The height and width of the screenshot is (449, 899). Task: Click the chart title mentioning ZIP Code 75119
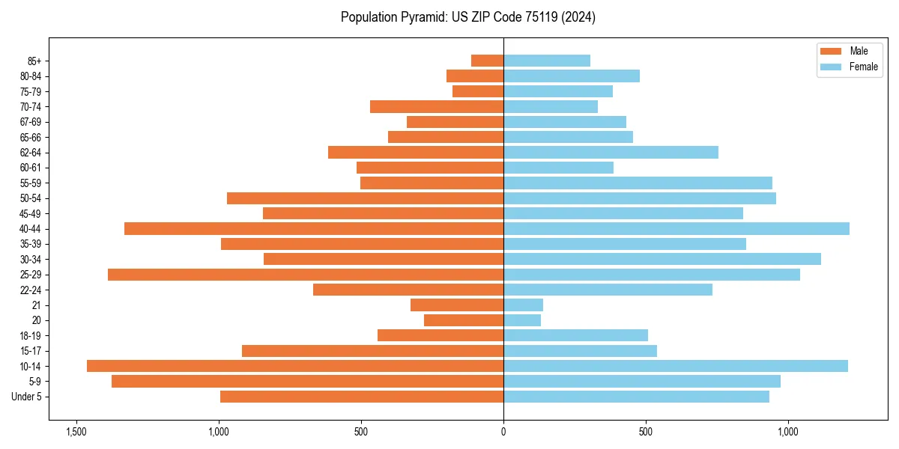point(467,17)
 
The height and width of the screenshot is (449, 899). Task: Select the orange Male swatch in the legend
point(831,51)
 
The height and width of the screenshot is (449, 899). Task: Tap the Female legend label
point(864,67)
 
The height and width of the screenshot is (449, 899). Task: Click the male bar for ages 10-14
point(295,366)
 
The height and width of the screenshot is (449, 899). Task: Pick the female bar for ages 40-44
point(676,229)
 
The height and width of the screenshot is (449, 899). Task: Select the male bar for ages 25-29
point(306,275)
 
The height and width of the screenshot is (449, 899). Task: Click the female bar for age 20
point(522,320)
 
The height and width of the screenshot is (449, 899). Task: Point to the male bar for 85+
point(487,61)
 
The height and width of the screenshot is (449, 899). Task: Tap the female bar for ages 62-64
point(611,153)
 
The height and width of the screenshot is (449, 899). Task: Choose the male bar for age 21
point(457,305)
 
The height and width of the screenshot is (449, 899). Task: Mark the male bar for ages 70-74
point(437,107)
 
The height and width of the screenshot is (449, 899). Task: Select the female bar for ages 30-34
point(662,259)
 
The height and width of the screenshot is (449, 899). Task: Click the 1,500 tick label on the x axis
point(76,432)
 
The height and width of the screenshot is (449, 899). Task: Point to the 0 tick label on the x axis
point(503,432)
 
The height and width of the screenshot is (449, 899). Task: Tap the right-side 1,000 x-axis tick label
point(788,432)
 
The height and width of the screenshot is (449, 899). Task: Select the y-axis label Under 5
point(27,397)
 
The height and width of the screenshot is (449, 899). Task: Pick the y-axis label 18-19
point(31,336)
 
